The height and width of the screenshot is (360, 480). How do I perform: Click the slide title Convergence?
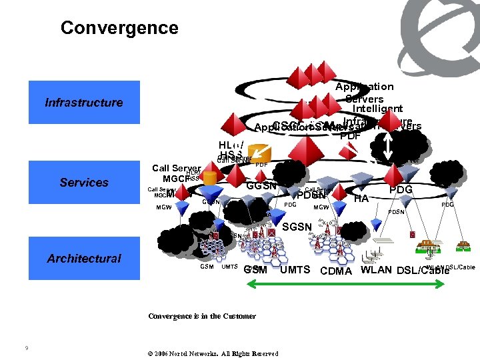[119, 28]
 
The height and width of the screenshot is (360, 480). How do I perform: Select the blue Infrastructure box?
[84, 103]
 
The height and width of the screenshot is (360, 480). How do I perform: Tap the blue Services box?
[84, 183]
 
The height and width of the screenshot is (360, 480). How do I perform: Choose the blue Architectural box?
[84, 259]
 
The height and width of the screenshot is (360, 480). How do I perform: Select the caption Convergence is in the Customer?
[192, 316]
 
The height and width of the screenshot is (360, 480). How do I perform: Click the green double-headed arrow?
[345, 284]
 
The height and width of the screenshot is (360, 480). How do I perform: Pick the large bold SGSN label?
[297, 227]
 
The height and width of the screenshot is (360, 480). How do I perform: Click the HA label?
[361, 198]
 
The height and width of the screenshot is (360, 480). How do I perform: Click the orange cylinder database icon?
[211, 178]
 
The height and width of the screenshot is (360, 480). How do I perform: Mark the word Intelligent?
[377, 109]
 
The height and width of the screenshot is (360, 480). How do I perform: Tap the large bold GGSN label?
[261, 186]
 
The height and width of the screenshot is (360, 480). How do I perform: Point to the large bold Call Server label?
[177, 169]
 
